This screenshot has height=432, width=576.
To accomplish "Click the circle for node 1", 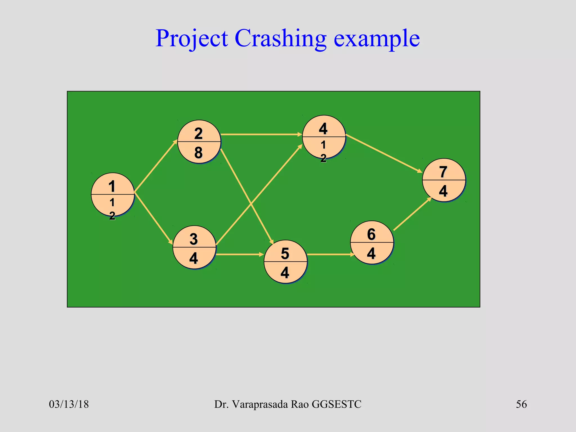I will click(x=113, y=194).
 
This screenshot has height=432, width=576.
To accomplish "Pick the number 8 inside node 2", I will click(x=198, y=153).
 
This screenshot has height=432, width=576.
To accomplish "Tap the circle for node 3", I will click(x=194, y=247).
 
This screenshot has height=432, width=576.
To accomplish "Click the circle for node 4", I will click(x=324, y=137).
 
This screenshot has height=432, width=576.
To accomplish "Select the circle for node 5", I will click(x=285, y=262).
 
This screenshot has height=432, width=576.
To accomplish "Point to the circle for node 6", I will click(x=372, y=242).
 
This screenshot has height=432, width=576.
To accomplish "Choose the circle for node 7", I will click(x=444, y=180).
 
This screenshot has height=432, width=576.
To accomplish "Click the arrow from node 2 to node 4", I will click(x=262, y=134).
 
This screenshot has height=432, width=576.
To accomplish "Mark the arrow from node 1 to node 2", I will click(x=156, y=166).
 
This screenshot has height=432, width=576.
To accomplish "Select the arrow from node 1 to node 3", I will click(x=154, y=218).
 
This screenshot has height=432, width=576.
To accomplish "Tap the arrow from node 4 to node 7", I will click(x=384, y=153).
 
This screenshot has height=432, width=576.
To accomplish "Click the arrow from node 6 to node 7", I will click(x=413, y=214).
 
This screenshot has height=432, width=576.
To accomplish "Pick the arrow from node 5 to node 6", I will click(x=330, y=255).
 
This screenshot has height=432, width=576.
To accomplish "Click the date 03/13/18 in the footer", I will click(x=69, y=404).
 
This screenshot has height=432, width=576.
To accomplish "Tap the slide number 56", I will click(x=521, y=404).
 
